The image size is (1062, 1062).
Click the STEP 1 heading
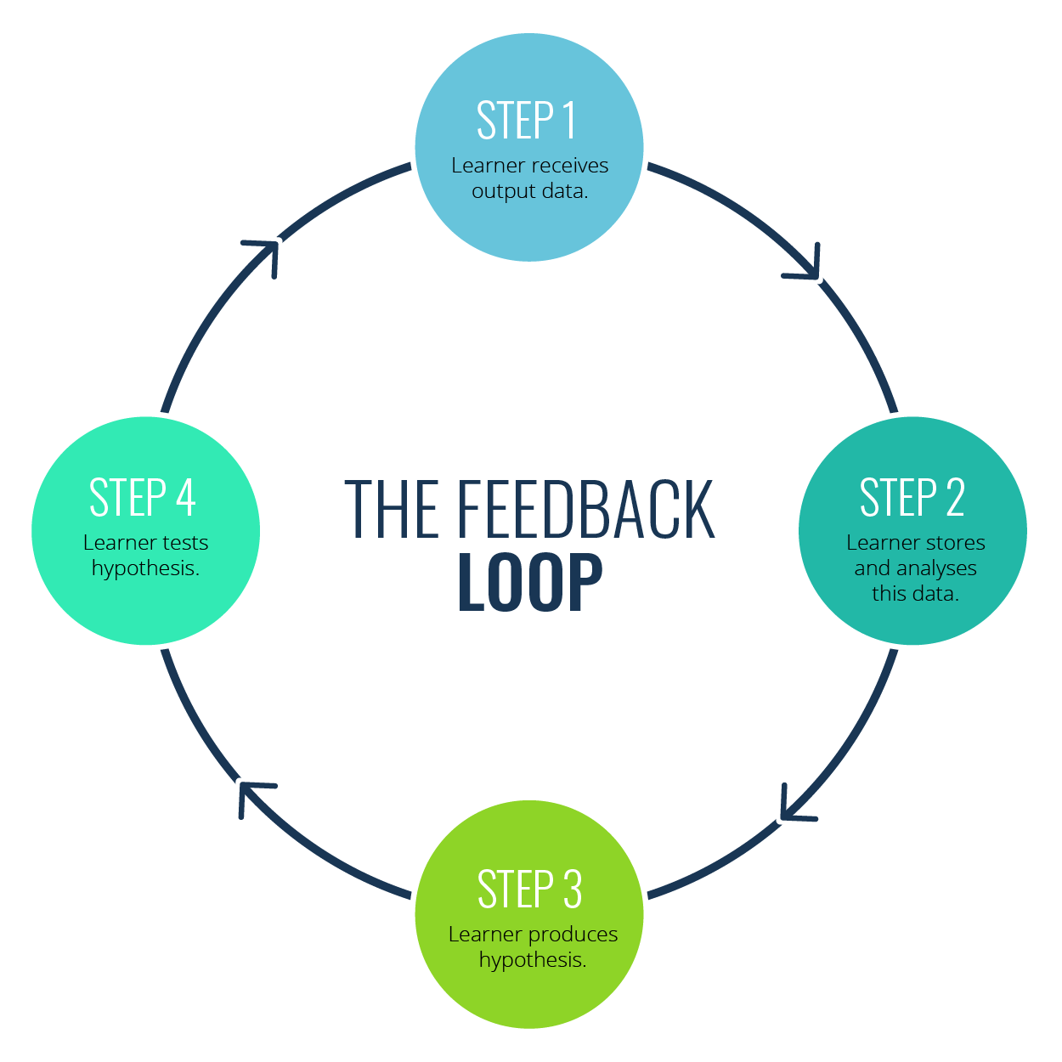pos(527,121)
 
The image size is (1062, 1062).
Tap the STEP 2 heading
pos(912,498)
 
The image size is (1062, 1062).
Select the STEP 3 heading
pos(529,890)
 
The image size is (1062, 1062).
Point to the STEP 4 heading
pos(143,498)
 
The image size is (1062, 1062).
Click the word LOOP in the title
pos(530,583)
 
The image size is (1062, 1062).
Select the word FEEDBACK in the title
pos(586,509)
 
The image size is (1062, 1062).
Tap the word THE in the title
pos(392,509)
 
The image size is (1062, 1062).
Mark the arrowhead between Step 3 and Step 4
pos(251,794)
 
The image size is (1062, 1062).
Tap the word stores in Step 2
pos(955,543)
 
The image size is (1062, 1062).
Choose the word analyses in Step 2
pos(936,568)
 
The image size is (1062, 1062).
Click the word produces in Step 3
pos(573,935)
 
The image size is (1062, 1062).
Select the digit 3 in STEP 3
pos(572,890)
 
